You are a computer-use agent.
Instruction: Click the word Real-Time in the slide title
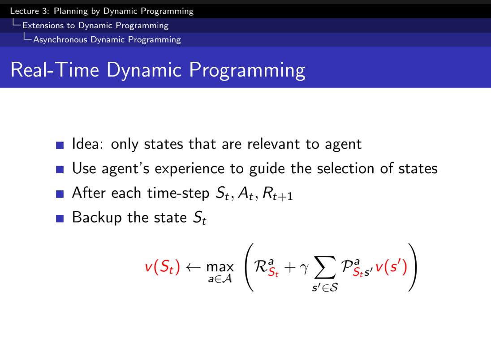(x=55, y=69)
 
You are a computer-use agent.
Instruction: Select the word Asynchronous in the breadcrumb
(x=60, y=40)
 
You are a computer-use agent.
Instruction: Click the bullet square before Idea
(x=60, y=145)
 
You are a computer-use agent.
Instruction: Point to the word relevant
(x=273, y=144)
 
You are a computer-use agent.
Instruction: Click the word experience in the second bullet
(x=190, y=169)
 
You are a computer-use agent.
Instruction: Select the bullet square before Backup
(x=60, y=219)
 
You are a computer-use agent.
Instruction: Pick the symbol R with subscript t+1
(x=277, y=193)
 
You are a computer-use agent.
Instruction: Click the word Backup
(x=97, y=218)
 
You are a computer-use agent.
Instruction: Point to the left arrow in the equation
(x=193, y=267)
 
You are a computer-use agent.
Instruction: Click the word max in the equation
(x=220, y=267)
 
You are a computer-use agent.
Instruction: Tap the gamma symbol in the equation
(x=304, y=268)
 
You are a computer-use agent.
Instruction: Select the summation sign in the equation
(x=325, y=267)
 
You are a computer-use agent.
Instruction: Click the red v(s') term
(x=391, y=267)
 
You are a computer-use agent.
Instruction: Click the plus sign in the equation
(x=290, y=267)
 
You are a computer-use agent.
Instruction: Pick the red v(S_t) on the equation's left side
(x=163, y=267)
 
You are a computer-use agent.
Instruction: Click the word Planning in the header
(x=71, y=11)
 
